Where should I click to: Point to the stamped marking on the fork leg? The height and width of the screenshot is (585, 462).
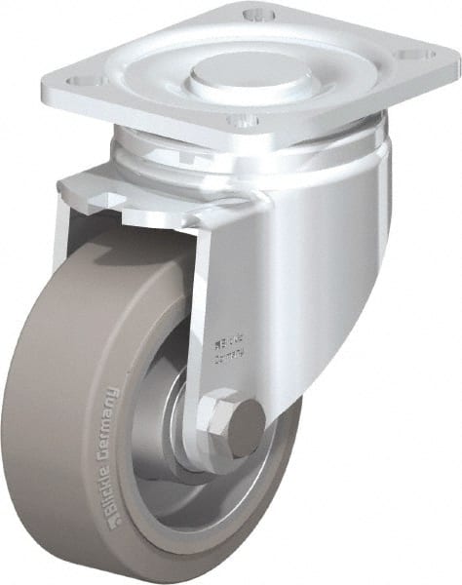227,348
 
